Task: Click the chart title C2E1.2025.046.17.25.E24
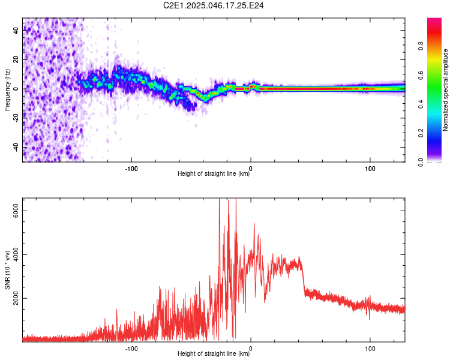pos(213,5)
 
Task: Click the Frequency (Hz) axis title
pos(7,90)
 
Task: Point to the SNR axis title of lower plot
pos(7,270)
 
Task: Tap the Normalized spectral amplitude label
pos(445,90)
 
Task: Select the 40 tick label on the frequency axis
pos(16,30)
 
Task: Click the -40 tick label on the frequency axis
pos(16,148)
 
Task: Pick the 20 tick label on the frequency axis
pos(16,59)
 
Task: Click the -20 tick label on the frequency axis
pos(16,118)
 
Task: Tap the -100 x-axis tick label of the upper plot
pos(131,169)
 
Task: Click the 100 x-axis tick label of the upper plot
pos(370,169)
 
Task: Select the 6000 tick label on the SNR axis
pos(16,211)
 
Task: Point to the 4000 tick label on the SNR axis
pos(16,254)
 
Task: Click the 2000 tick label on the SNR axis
pos(16,299)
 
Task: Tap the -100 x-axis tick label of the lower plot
pos(131,349)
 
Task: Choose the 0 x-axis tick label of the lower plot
pos(251,349)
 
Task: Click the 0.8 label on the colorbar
pos(421,46)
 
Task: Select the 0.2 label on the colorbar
pos(421,133)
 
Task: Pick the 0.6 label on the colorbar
pos(421,75)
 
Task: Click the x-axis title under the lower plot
pos(214,353)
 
